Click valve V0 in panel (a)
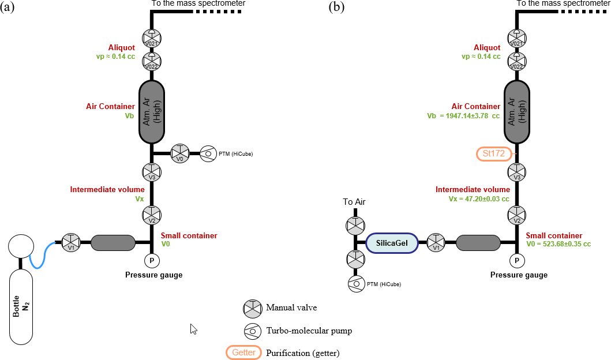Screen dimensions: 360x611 pyautogui.click(x=181, y=154)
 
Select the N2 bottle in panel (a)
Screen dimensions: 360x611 pyautogui.click(x=21, y=306)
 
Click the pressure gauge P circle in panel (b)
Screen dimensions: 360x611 pyautogui.click(x=517, y=261)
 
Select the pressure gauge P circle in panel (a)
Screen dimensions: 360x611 pyautogui.click(x=152, y=261)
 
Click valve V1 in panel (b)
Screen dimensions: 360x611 pyautogui.click(x=436, y=243)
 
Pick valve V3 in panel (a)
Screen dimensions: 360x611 pyautogui.click(x=152, y=172)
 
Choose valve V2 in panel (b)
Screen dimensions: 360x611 pyautogui.click(x=517, y=216)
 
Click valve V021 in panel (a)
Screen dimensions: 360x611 pyautogui.click(x=152, y=39)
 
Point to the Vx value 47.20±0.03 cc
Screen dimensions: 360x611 pyautogui.click(x=479, y=198)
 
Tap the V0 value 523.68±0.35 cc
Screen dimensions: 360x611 pyautogui.click(x=558, y=245)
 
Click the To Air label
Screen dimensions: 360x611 pyautogui.click(x=354, y=202)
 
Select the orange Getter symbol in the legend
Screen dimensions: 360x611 pyautogui.click(x=243, y=352)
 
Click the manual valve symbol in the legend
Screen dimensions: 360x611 pyautogui.click(x=253, y=308)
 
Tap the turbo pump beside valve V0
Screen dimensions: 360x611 pyautogui.click(x=209, y=154)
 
